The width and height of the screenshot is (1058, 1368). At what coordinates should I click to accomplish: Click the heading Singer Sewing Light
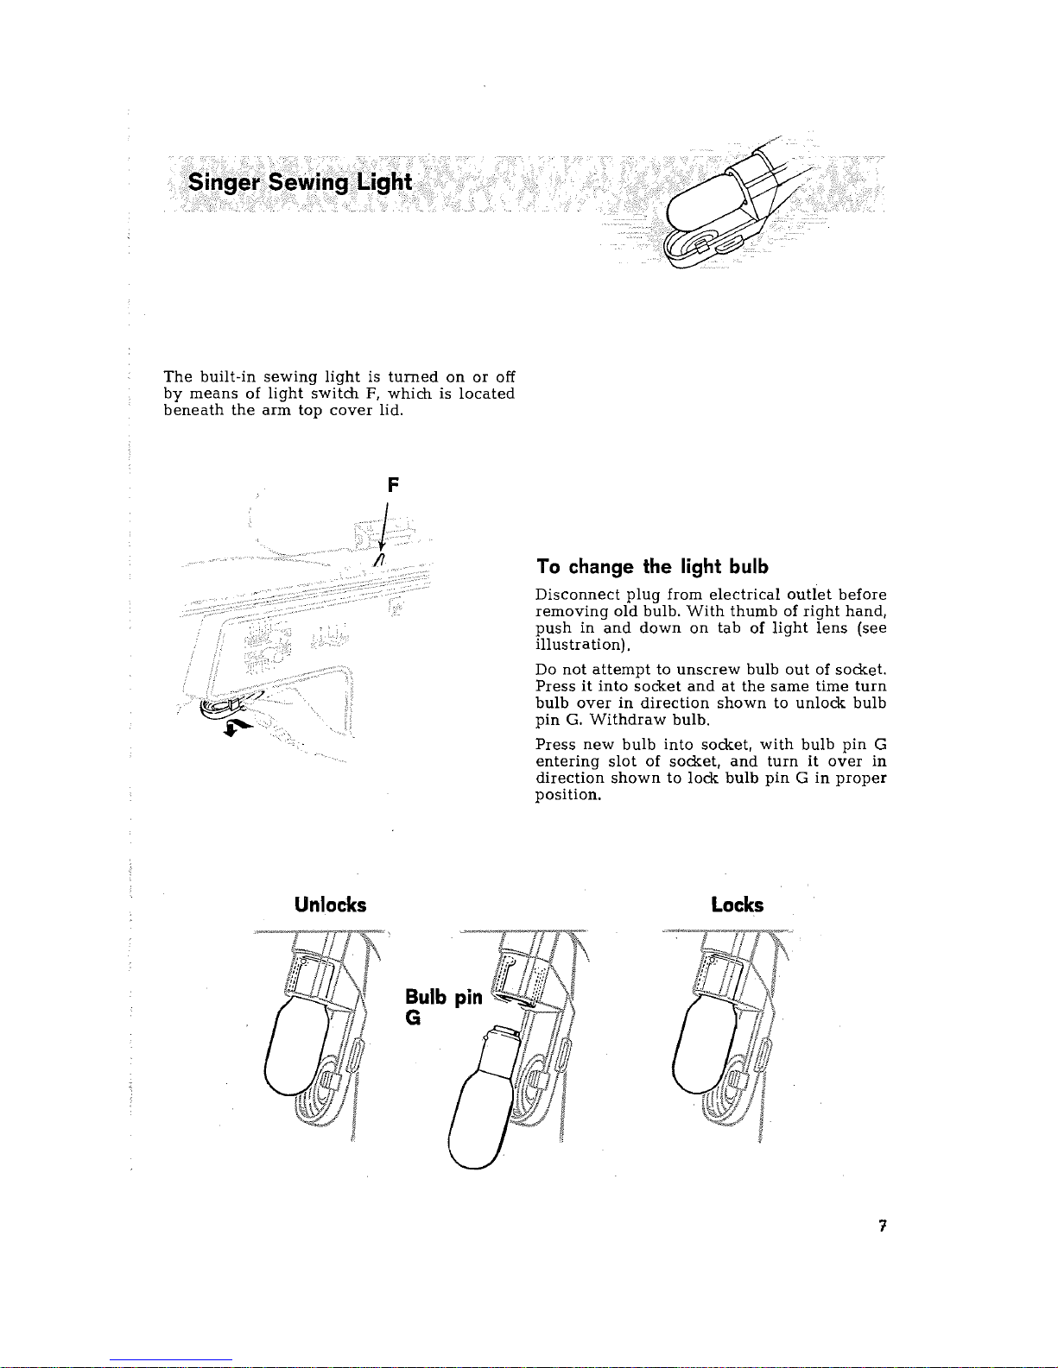(301, 183)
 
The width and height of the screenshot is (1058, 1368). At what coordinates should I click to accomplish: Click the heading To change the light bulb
(651, 567)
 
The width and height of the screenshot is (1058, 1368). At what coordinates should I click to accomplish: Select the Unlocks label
(330, 905)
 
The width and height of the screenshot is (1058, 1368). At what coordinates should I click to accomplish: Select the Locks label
(738, 905)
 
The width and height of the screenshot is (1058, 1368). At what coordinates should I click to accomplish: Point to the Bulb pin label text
(443, 998)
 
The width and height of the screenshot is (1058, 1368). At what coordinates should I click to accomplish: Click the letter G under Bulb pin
(413, 1018)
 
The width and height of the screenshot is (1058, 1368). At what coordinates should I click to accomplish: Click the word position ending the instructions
(567, 794)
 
